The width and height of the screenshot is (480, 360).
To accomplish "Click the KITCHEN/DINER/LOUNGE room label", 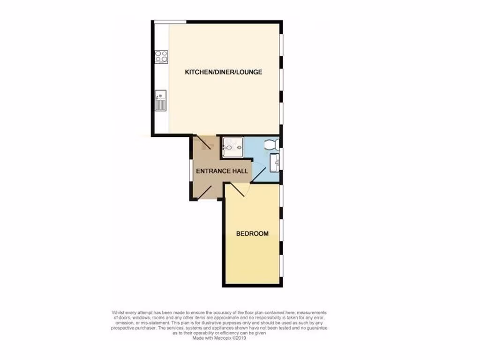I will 223,72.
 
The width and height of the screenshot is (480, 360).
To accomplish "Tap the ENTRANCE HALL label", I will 222,171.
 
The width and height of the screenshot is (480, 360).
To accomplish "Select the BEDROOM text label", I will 252,233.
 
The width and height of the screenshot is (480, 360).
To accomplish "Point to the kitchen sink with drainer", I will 161,100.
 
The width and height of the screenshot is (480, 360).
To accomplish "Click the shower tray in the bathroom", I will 233,146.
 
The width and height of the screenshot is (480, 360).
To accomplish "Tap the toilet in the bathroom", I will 272,145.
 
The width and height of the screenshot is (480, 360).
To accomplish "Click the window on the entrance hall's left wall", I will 190,171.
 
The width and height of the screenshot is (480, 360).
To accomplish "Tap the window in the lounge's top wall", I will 170,22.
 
